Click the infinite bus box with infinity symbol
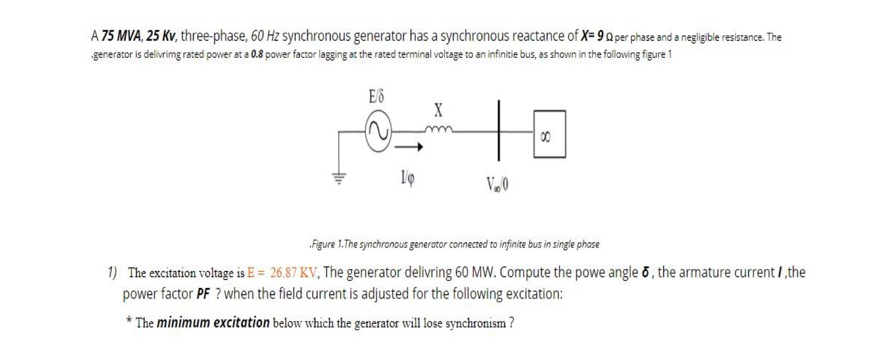[549, 134]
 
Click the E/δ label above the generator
[376, 97]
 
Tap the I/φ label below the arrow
[407, 178]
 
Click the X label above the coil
[438, 110]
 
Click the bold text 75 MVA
[121, 37]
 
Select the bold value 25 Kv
[161, 37]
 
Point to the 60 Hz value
[265, 37]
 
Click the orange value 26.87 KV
[293, 273]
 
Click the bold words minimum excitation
[213, 322]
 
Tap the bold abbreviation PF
[203, 294]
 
